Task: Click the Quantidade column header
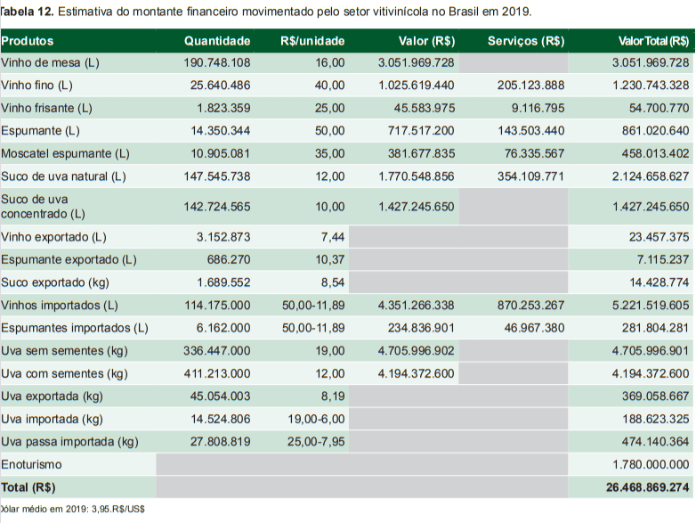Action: click(x=217, y=41)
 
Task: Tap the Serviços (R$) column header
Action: click(x=525, y=41)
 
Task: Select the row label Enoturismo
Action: click(x=31, y=465)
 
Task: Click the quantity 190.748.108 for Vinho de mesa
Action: click(x=217, y=63)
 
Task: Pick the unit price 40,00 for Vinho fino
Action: click(x=329, y=86)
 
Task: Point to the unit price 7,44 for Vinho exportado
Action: click(x=332, y=238)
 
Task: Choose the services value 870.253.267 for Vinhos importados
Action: click(x=530, y=305)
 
